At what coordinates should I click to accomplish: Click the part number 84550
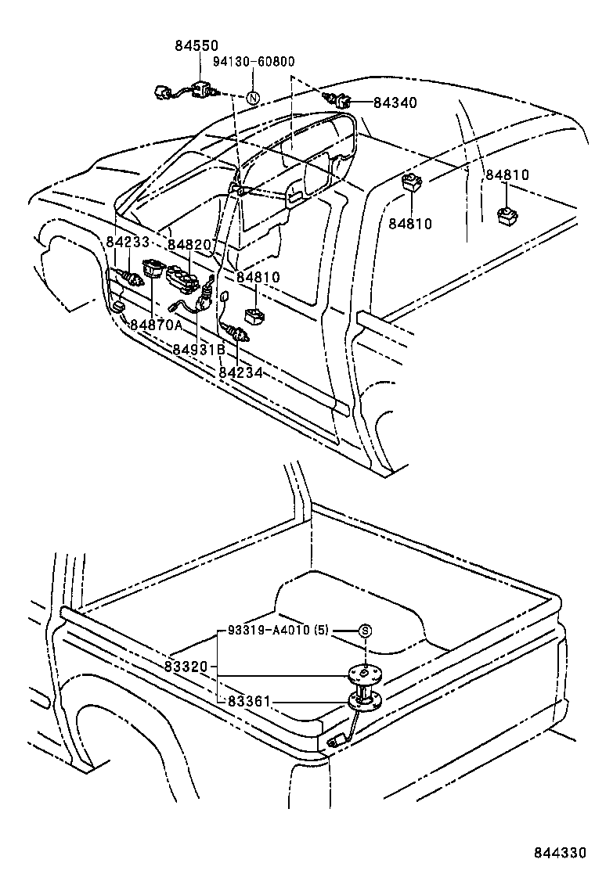tap(197, 47)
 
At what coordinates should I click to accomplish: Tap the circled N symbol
tap(253, 99)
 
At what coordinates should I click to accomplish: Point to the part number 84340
tap(395, 102)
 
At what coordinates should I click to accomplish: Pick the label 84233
tap(128, 243)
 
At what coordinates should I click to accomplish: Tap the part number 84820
tap(190, 245)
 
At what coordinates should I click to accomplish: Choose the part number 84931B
tap(199, 349)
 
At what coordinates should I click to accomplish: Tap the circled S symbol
tap(365, 631)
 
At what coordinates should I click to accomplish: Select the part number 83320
tap(186, 667)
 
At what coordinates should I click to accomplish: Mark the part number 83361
tap(247, 702)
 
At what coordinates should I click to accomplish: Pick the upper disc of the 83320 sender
tap(365, 673)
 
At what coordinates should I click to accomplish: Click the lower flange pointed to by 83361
tap(366, 700)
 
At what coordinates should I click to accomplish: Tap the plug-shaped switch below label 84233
tap(128, 277)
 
